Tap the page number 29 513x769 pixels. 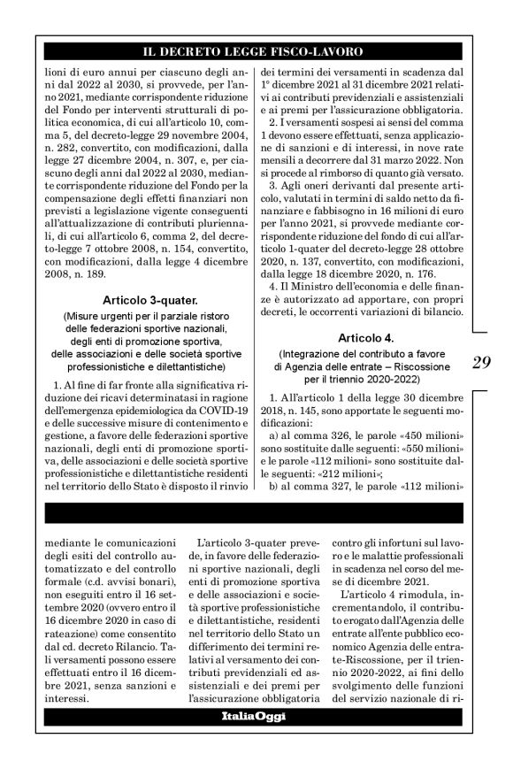click(481, 363)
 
